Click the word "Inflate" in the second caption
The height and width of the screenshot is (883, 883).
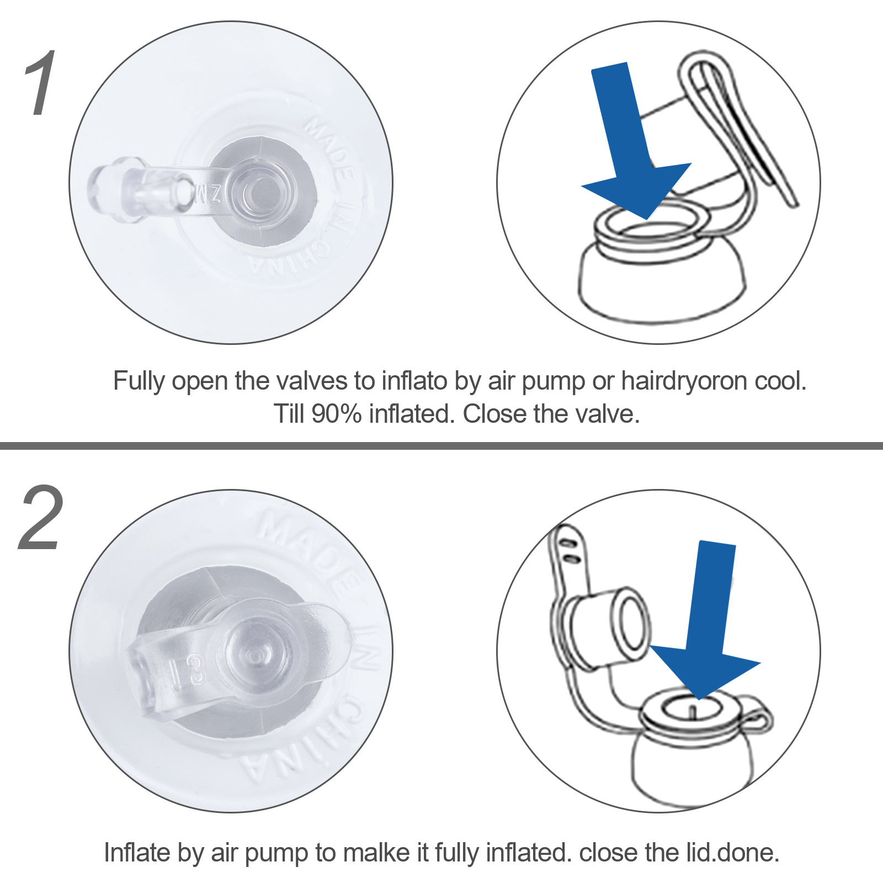(x=137, y=853)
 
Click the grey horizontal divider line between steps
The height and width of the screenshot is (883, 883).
(x=441, y=446)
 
